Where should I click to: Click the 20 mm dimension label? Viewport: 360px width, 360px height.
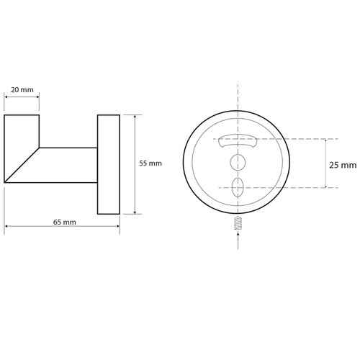[22, 90]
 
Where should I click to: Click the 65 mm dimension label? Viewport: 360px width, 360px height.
[65, 222]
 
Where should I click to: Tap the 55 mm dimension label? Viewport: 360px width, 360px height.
[150, 163]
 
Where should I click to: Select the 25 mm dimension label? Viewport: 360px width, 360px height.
[343, 166]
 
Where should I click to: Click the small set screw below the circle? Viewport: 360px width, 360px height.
[238, 223]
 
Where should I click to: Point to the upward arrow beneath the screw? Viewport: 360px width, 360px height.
[238, 240]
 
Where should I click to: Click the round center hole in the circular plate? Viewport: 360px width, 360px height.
[238, 162]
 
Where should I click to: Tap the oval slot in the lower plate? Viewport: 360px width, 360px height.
[238, 187]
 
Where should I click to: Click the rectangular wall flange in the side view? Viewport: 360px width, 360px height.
[109, 165]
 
